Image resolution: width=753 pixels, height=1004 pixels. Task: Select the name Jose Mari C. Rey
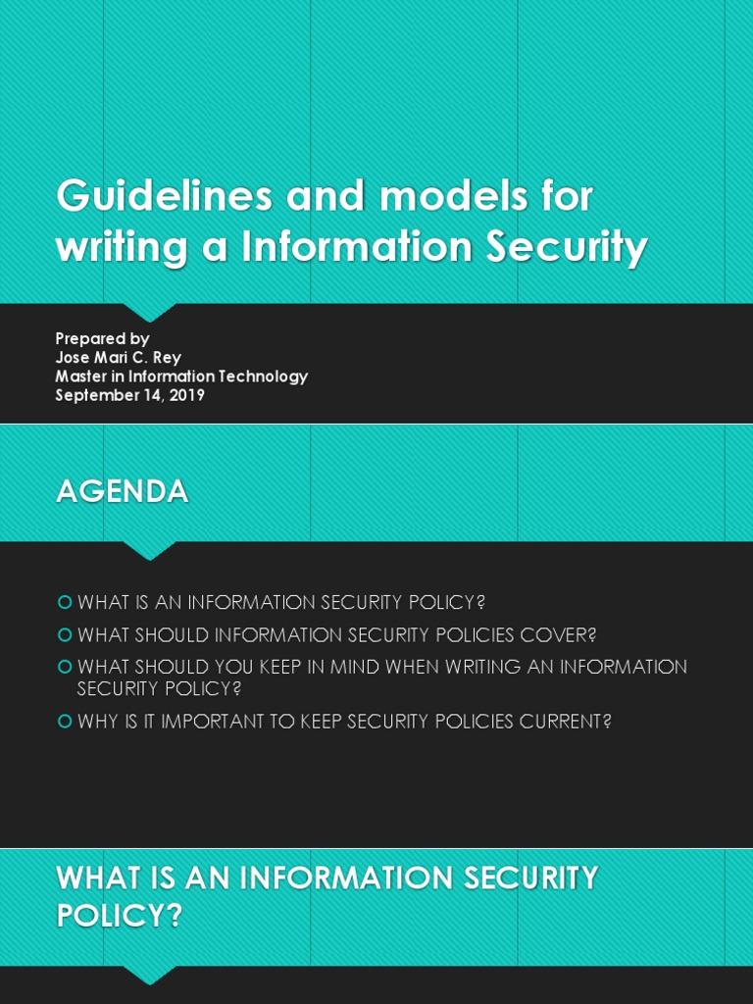(118, 358)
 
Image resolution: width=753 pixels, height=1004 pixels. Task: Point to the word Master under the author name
(81, 376)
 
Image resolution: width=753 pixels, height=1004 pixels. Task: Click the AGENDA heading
(122, 491)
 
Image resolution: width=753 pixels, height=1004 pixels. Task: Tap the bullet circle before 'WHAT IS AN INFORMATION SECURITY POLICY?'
(65, 601)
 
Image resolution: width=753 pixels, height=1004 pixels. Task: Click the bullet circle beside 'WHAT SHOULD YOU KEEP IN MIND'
(65, 667)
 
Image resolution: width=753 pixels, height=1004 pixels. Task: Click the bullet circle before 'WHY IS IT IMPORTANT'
(65, 722)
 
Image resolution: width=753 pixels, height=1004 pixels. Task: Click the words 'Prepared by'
(102, 339)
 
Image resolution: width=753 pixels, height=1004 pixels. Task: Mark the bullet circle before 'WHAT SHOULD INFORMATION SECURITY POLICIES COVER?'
(65, 634)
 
